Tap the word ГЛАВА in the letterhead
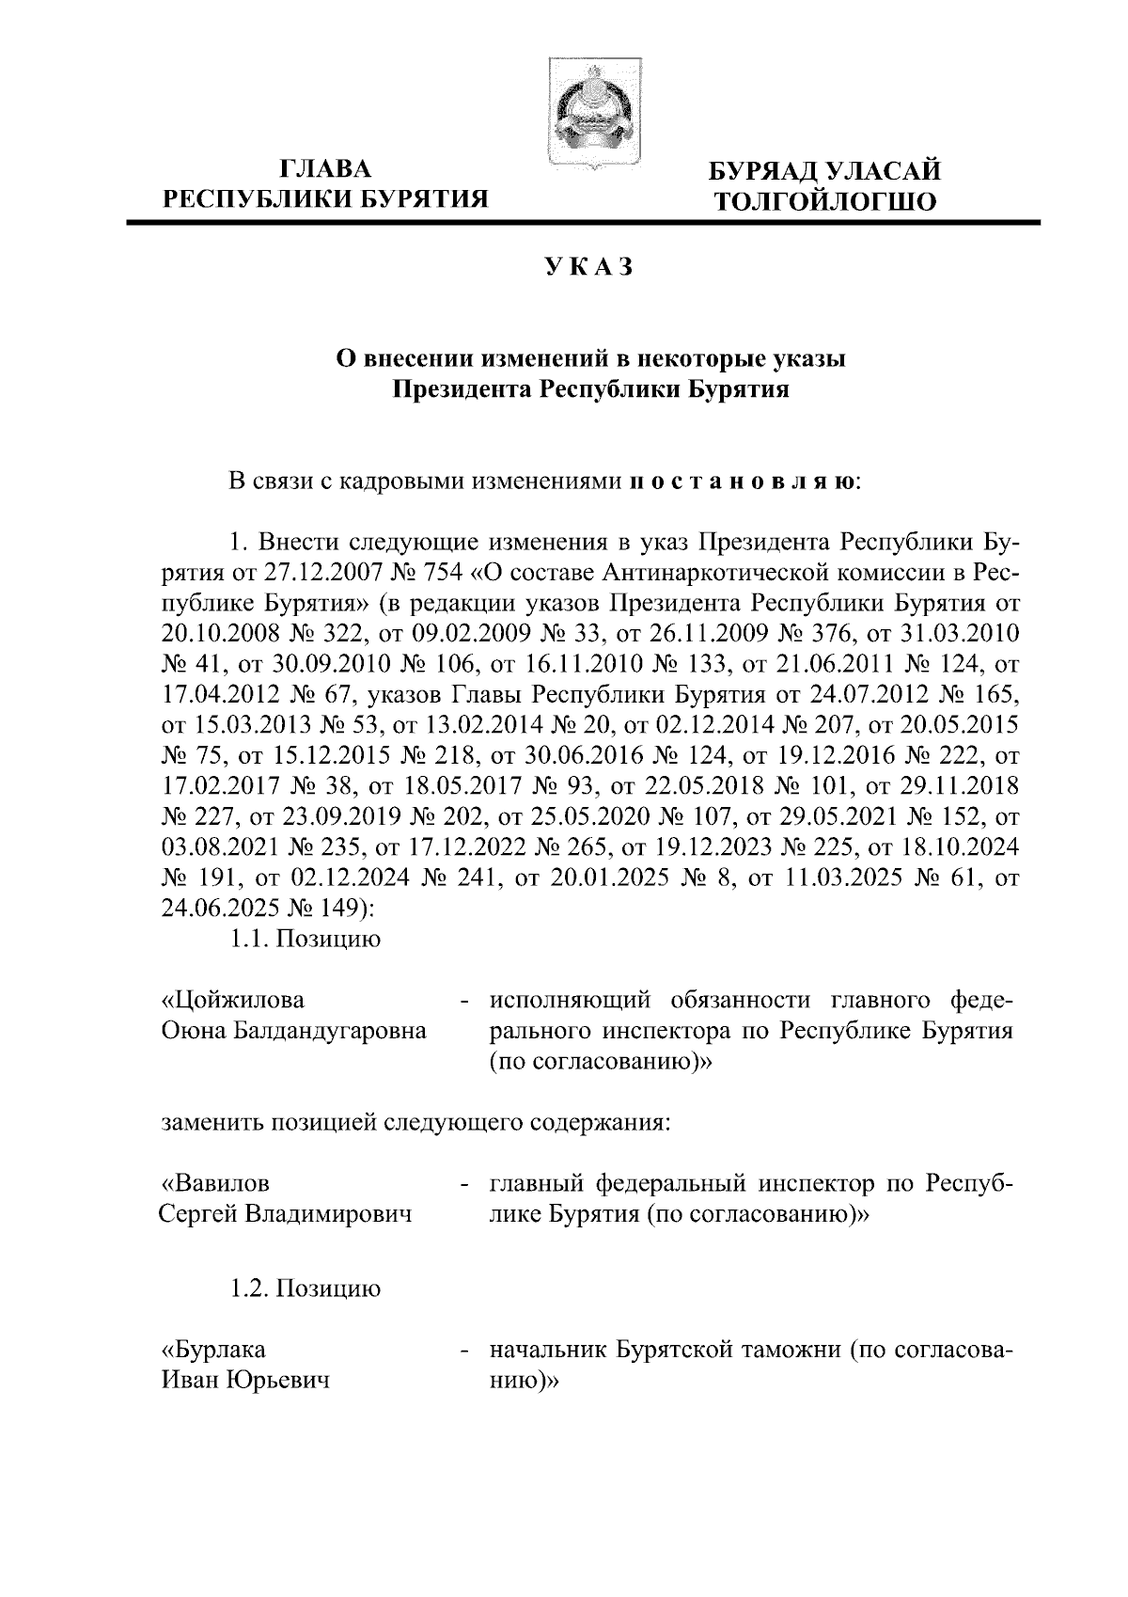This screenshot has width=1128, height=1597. (326, 169)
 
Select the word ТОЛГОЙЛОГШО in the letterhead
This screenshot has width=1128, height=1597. (825, 201)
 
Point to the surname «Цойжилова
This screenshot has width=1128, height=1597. (234, 999)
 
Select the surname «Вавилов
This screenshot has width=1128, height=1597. (217, 1182)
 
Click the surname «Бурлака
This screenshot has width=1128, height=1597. (215, 1350)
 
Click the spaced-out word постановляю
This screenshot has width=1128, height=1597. (742, 482)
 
